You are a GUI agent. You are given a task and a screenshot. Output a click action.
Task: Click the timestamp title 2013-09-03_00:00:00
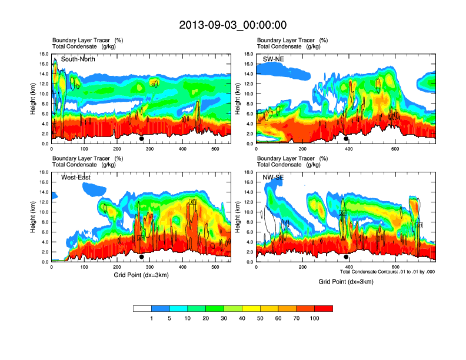232,25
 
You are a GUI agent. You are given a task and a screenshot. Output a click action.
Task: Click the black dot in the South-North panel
141,139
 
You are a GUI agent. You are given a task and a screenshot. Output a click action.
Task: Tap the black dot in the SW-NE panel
346,139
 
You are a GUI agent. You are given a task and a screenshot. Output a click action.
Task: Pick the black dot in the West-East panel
141,257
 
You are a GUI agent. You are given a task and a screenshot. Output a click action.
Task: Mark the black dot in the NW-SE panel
346,257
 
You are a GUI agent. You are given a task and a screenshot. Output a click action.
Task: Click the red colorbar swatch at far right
324,308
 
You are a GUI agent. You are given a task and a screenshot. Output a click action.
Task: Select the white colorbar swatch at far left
142,308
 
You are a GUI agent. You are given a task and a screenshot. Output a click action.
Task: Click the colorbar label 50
260,318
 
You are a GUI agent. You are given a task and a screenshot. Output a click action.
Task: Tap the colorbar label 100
315,318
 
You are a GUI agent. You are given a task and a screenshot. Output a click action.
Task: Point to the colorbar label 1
151,318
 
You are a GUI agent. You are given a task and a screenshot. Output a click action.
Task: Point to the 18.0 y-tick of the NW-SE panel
247,172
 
